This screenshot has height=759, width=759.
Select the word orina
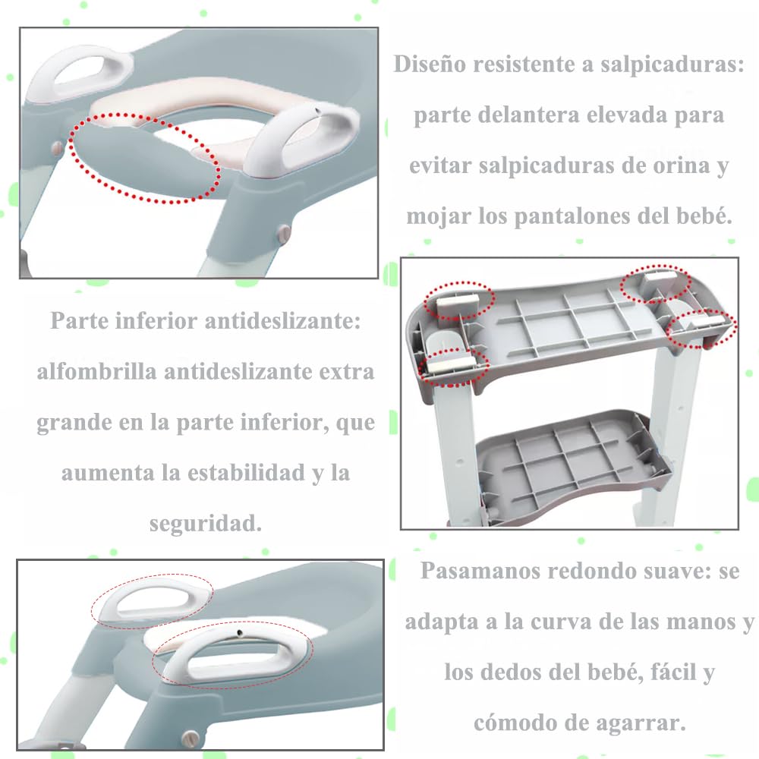[x=682, y=166]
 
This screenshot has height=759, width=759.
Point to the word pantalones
[x=572, y=217]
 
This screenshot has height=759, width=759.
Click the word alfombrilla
[x=97, y=372]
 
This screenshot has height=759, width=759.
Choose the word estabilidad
[x=247, y=473]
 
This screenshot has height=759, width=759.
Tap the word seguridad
[x=206, y=524]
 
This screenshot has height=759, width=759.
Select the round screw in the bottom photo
[x=191, y=739]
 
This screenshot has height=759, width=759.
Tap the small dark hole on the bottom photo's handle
[x=239, y=632]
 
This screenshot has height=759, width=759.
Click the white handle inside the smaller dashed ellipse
[x=151, y=600]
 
